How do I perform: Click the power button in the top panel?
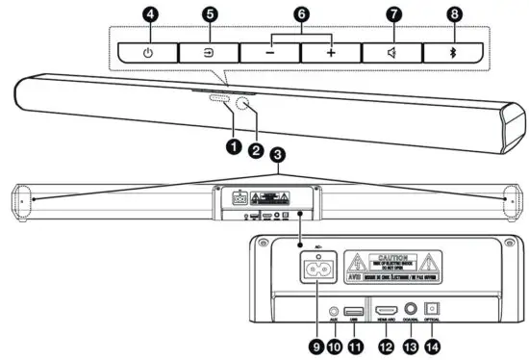click(x=148, y=52)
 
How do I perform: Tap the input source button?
click(x=210, y=52)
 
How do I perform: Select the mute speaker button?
click(x=392, y=52)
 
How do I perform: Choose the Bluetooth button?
click(x=454, y=52)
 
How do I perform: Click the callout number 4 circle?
click(x=148, y=14)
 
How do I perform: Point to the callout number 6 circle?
click(x=301, y=14)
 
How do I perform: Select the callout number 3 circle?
click(x=278, y=154)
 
